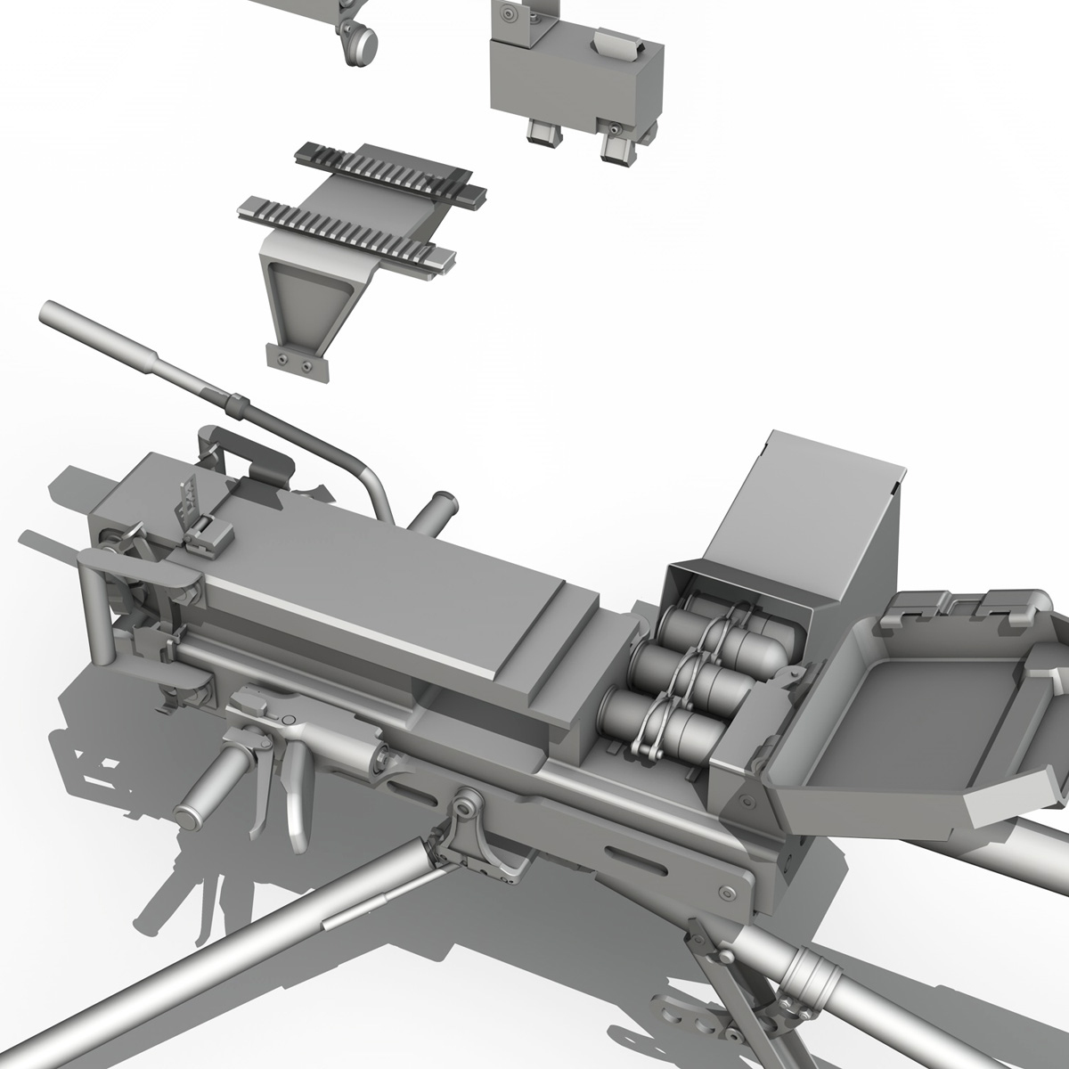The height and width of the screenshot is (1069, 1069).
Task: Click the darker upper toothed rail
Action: (x=388, y=170)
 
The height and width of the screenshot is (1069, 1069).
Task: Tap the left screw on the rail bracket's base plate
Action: (x=283, y=358)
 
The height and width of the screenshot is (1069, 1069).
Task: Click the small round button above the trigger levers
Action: (x=288, y=721)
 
